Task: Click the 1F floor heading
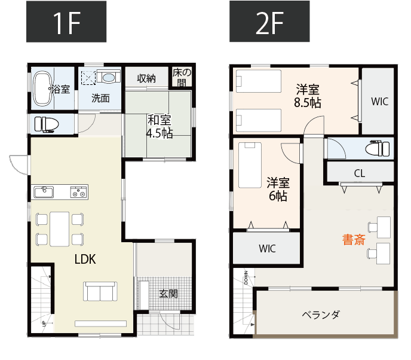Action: [x=66, y=23]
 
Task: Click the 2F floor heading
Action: [x=271, y=23]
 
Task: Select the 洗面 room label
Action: [x=100, y=99]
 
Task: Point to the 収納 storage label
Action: [x=146, y=78]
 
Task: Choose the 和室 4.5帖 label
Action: [x=160, y=126]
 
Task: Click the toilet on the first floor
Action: [x=47, y=124]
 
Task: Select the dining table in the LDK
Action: [x=60, y=228]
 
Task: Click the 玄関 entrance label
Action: [x=168, y=294]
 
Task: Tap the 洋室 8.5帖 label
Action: [x=307, y=96]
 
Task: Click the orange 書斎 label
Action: [x=354, y=240]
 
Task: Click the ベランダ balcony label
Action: [x=321, y=314]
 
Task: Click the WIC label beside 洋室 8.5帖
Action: [x=379, y=101]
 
